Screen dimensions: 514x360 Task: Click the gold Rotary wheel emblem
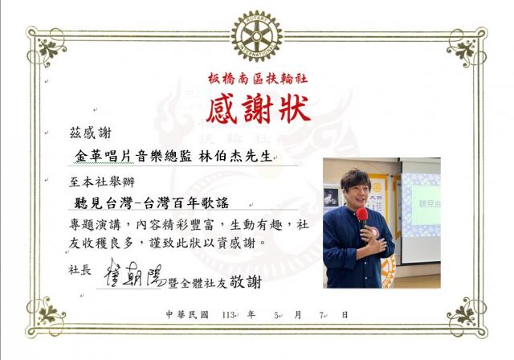257,36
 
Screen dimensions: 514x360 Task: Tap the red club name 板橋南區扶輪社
258,79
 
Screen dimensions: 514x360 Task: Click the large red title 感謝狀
259,108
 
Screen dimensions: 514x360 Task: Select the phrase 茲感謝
91,133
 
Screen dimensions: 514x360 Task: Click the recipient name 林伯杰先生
235,156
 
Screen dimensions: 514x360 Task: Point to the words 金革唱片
104,156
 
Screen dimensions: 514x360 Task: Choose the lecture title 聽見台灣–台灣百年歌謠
152,203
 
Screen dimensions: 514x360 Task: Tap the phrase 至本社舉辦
102,182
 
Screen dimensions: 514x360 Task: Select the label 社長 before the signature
80,270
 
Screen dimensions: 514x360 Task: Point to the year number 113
227,315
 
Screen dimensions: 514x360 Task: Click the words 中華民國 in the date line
187,315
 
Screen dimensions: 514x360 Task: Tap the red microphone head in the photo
362,215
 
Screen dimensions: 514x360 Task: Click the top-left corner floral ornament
49,48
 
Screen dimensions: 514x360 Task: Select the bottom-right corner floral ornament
465,316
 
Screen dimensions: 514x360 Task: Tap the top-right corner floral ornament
465,48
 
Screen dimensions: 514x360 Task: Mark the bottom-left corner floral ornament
48,316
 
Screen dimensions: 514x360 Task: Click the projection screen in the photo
421,211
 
